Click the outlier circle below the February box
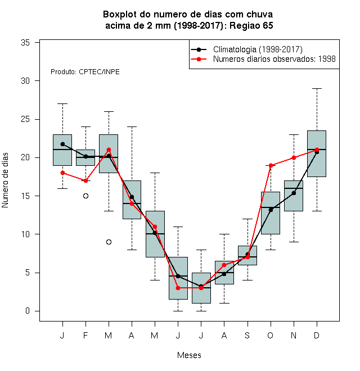tap(85, 196)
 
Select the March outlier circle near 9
tap(109, 242)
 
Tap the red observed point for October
tap(271, 165)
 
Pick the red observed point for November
tap(294, 157)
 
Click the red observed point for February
tap(85, 181)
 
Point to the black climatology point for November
tap(294, 193)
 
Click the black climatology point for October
tap(271, 210)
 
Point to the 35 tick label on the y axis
tap(25, 43)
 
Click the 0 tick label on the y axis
tap(28, 311)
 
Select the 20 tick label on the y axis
tap(25, 157)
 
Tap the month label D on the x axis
tap(317, 335)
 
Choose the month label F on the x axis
tap(85, 335)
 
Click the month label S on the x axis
tap(247, 335)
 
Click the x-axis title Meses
tap(189, 355)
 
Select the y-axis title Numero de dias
tap(5, 180)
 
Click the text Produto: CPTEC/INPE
tap(85, 72)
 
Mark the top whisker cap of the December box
tap(317, 88)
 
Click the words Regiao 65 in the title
tap(251, 25)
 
